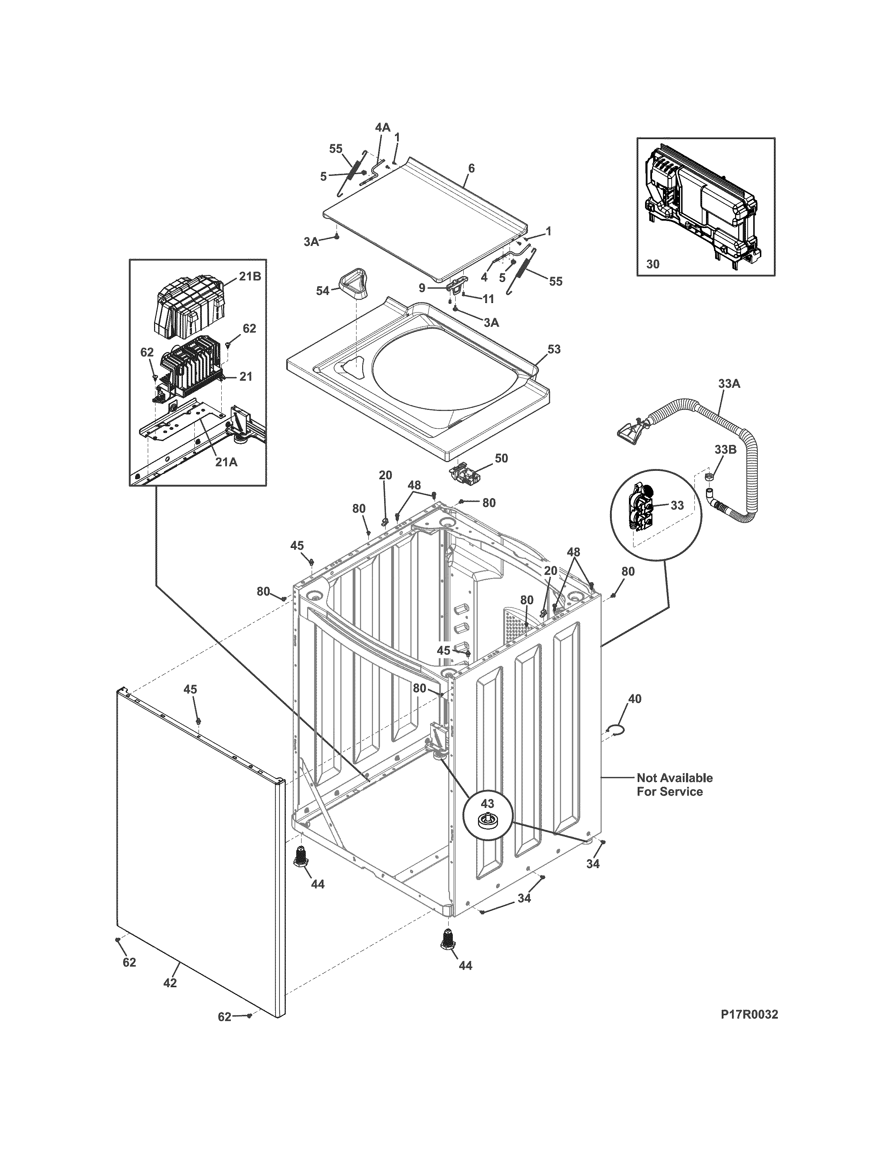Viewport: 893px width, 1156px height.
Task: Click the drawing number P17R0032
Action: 749,1015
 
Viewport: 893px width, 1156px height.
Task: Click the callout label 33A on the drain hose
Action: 729,384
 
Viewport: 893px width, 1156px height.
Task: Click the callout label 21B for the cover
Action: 250,276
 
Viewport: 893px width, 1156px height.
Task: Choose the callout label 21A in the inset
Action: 226,462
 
